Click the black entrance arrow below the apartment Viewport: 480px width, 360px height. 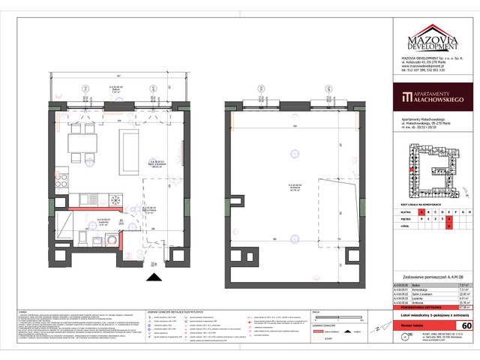[x=154, y=277]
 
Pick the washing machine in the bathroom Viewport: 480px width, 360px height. [x=111, y=238]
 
